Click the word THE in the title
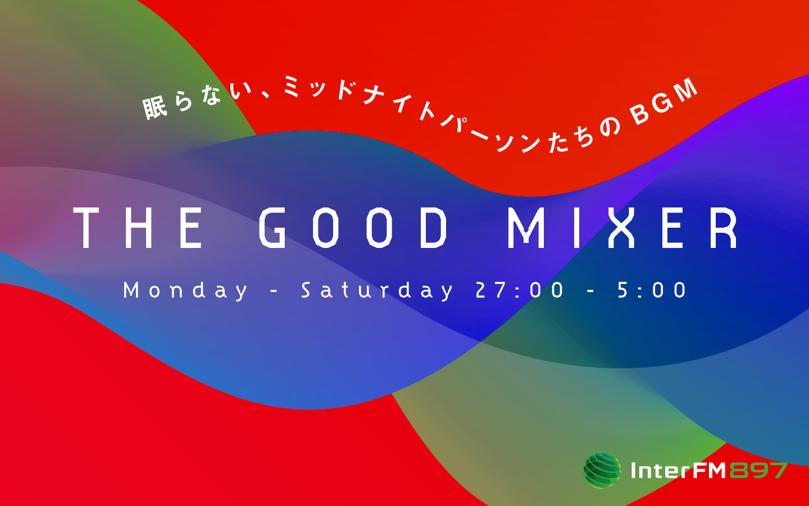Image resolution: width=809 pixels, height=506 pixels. [138, 228]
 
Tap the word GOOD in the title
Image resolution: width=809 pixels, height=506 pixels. [353, 228]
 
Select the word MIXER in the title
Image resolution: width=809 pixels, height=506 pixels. [622, 228]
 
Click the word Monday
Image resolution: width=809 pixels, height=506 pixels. [185, 291]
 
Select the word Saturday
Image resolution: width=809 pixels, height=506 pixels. [377, 291]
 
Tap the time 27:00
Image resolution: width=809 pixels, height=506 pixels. [520, 290]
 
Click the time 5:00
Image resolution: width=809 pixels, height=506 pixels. [652, 290]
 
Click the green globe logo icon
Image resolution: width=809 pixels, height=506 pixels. [602, 470]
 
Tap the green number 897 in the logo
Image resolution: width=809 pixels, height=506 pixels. [757, 470]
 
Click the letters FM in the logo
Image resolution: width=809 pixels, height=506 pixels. [710, 470]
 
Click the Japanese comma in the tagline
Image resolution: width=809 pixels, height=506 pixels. [264, 94]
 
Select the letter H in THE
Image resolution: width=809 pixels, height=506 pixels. [139, 228]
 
